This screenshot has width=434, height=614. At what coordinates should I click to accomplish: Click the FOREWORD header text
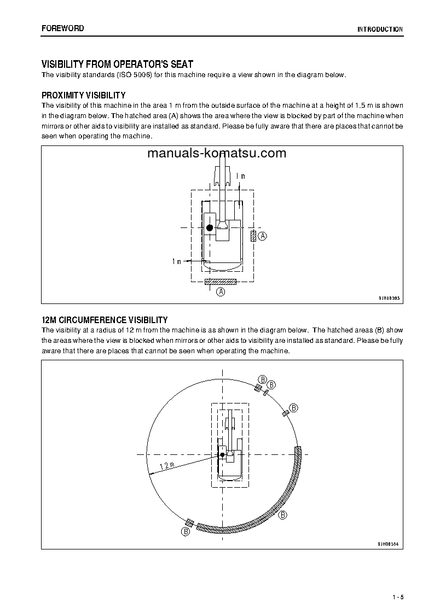(63, 28)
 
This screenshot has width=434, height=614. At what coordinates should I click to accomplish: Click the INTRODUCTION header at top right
(380, 30)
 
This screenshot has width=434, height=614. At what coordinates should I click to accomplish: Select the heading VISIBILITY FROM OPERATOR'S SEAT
(117, 65)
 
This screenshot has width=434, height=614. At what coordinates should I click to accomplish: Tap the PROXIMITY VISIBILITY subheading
(84, 95)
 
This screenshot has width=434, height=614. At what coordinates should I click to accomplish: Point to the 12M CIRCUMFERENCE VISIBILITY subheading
(105, 320)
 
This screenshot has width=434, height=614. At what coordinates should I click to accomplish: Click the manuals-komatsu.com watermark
(217, 153)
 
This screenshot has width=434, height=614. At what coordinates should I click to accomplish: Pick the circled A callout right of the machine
(263, 236)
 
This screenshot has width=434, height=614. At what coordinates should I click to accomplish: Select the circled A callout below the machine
(221, 292)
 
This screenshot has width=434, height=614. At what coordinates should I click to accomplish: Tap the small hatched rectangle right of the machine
(253, 236)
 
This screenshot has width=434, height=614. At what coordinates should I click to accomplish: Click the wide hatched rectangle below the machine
(220, 282)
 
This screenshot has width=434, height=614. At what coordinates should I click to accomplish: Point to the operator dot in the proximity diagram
(209, 227)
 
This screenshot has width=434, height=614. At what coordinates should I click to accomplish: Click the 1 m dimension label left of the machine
(176, 262)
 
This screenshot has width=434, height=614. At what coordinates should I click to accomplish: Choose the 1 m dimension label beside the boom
(240, 177)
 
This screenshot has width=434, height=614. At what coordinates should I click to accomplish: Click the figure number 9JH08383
(389, 298)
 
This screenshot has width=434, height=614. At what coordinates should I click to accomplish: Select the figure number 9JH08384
(389, 544)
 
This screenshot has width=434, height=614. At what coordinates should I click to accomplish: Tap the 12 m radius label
(166, 466)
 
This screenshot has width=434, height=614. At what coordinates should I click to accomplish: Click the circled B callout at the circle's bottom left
(186, 531)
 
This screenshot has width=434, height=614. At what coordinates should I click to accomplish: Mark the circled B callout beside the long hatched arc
(283, 515)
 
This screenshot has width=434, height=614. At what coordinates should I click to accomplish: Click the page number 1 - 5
(398, 596)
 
